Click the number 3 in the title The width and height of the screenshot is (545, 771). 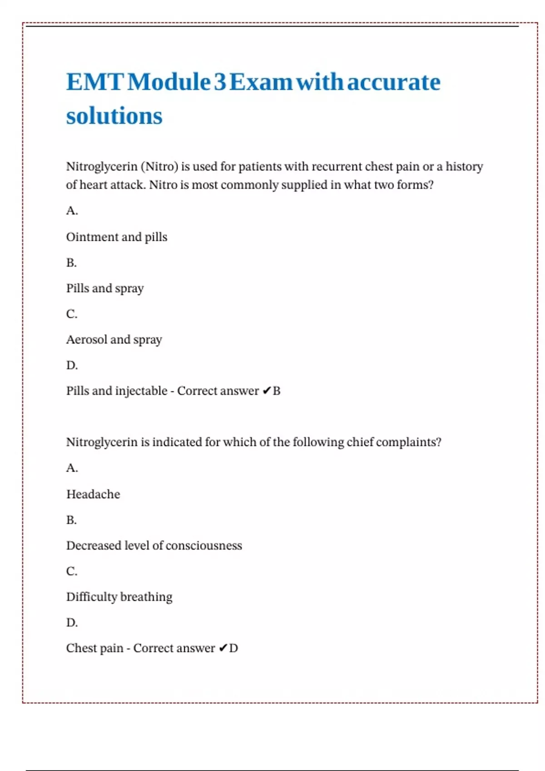(x=220, y=83)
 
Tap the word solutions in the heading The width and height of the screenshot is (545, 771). (x=114, y=116)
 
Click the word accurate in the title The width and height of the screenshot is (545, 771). (x=394, y=83)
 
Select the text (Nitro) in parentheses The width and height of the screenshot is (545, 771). (x=159, y=166)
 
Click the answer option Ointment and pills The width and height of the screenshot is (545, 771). (x=117, y=237)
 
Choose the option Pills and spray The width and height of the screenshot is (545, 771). (x=105, y=288)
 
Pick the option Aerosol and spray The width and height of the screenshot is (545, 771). (x=114, y=340)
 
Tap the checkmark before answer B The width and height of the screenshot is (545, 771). (x=267, y=391)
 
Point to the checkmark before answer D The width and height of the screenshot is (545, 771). (x=223, y=648)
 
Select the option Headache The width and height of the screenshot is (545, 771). (x=93, y=494)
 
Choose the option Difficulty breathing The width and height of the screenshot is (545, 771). (x=119, y=597)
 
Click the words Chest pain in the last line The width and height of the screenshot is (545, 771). (x=94, y=648)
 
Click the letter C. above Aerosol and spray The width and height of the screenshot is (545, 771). (x=72, y=314)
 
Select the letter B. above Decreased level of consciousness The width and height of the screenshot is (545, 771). (x=71, y=520)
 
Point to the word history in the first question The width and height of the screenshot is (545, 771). (x=464, y=166)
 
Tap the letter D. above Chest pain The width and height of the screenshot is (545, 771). (x=72, y=622)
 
